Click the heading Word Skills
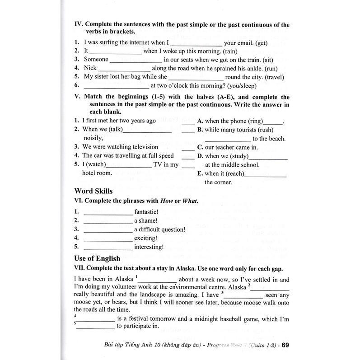[93, 191]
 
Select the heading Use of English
[97, 258]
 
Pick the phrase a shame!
[145, 220]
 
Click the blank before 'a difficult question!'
[108, 230]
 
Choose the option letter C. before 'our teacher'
[200, 147]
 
